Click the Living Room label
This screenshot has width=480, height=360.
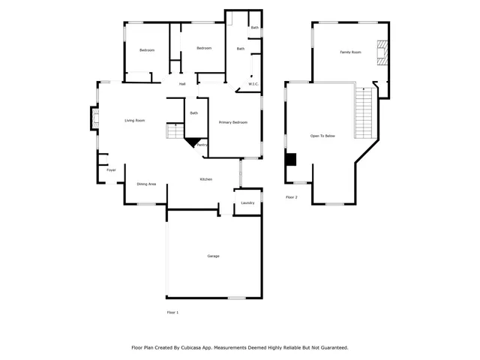(x=134, y=121)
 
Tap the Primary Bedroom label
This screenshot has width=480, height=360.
(x=233, y=122)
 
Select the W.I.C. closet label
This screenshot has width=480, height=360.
(x=254, y=85)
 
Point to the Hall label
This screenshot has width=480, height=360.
(x=182, y=84)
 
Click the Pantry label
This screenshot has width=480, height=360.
(x=202, y=145)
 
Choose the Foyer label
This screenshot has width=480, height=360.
(x=111, y=170)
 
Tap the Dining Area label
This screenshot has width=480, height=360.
(x=146, y=184)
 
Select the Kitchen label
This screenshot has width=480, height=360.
(x=205, y=179)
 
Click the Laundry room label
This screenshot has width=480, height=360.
(x=247, y=202)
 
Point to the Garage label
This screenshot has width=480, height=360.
(x=214, y=256)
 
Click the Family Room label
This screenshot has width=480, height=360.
(x=350, y=52)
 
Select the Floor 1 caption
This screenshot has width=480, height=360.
(x=172, y=312)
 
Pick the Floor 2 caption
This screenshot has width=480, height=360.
(x=291, y=197)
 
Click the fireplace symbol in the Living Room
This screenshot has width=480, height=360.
(x=94, y=118)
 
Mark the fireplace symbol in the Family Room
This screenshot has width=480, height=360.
(x=382, y=52)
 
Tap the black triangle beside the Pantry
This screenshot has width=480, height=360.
(x=193, y=142)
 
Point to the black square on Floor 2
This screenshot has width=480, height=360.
(x=291, y=159)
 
